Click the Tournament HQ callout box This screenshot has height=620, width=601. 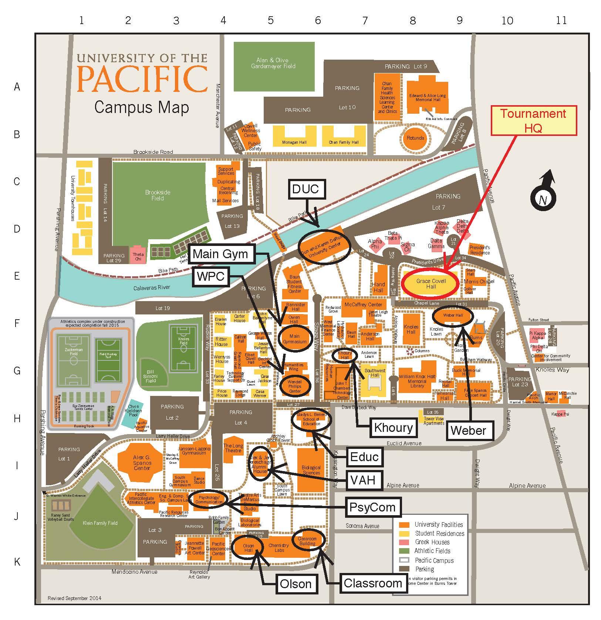(x=533, y=120)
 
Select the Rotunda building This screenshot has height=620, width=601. (x=415, y=138)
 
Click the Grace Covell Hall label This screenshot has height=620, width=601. (x=431, y=284)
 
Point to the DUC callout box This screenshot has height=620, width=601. (x=305, y=189)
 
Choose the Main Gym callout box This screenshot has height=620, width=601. (x=220, y=254)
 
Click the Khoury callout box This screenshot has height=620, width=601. (x=394, y=427)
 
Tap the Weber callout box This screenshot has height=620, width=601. (x=468, y=430)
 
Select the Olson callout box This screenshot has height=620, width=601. (x=296, y=584)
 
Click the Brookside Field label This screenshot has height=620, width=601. (x=158, y=195)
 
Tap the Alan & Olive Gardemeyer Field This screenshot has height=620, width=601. (x=273, y=63)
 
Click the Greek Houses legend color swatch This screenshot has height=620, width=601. (x=405, y=542)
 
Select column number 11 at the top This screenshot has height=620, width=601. (x=561, y=20)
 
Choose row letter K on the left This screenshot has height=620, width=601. (x=17, y=561)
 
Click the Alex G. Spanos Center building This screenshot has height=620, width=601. (x=142, y=463)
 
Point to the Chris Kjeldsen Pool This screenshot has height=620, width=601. (x=133, y=411)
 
